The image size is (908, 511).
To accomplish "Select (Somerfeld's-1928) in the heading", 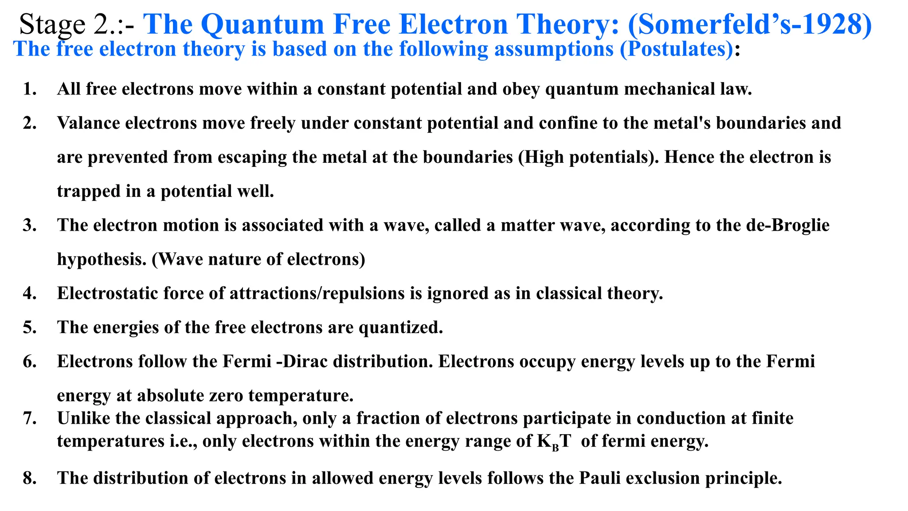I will tap(750, 24).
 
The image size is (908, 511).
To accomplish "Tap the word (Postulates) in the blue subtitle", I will tap(676, 49).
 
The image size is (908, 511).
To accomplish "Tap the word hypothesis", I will tap(102, 259).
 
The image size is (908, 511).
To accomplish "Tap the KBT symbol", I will tap(554, 441).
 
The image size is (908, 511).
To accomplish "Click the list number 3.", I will tap(30, 225).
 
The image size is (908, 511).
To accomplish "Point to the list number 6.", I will tap(30, 362).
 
